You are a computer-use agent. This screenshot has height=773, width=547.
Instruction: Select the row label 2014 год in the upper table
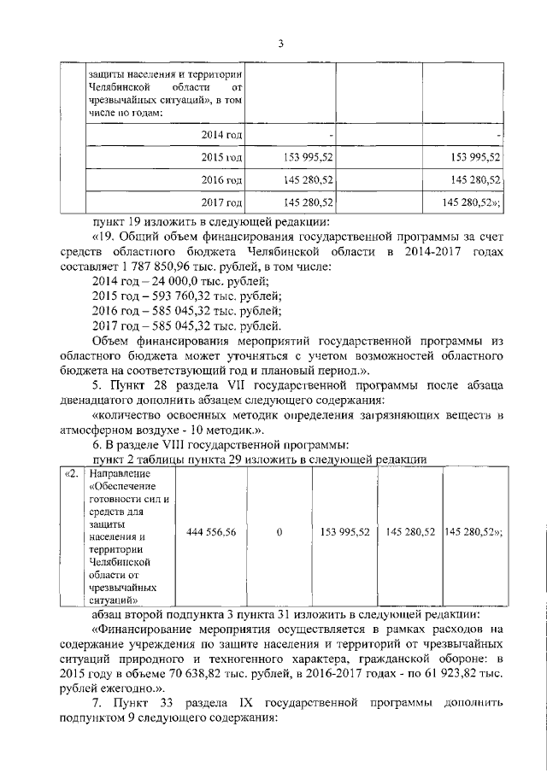(222, 135)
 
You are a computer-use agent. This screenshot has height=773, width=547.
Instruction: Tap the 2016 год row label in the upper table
(222, 180)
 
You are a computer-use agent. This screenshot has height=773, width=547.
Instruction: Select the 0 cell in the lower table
(279, 531)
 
